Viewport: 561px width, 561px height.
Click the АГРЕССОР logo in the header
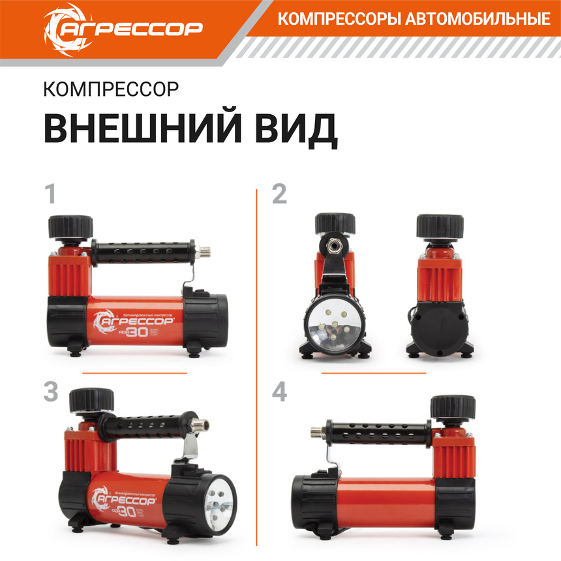click(123, 27)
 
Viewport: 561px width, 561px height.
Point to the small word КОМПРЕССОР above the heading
click(110, 89)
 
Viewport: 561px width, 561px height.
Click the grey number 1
click(50, 195)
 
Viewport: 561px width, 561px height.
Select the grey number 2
click(279, 195)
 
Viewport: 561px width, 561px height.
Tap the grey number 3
click(51, 392)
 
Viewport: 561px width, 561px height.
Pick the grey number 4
click(280, 392)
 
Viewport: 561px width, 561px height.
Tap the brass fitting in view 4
click(318, 431)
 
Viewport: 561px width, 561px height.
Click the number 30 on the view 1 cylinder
click(138, 331)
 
